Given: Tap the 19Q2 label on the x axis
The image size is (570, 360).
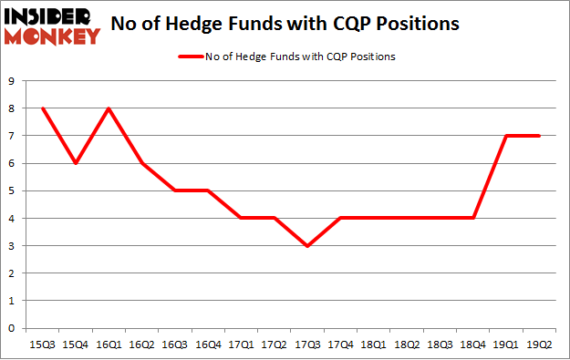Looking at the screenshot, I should click(x=540, y=344).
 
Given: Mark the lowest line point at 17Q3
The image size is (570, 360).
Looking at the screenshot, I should click(x=308, y=246).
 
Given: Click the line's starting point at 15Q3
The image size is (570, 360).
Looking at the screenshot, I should click(x=43, y=108).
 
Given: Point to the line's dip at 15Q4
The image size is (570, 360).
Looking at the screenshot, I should click(x=77, y=163).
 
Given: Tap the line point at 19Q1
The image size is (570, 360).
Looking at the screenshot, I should click(x=507, y=136).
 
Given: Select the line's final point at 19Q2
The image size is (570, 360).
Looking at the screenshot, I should click(x=540, y=136).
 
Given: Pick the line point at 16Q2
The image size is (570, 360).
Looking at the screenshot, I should click(x=142, y=163).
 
